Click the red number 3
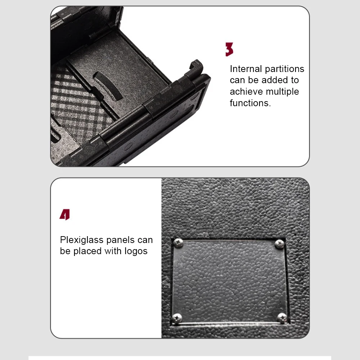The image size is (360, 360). tap(229, 50)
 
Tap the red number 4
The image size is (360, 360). tap(65, 215)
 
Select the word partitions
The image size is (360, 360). tap(285, 69)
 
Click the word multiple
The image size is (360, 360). tap(282, 92)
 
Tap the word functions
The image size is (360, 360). tap(250, 103)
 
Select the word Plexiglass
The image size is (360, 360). tap(82, 240)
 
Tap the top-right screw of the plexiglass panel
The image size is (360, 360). tap(280, 244)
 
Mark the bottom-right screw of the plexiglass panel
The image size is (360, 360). tap(282, 317)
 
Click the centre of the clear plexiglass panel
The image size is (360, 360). tap(229, 280)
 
